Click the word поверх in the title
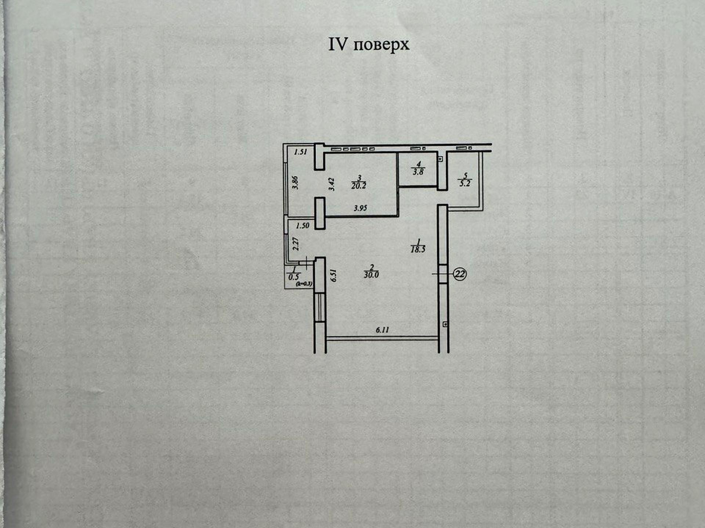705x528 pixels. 382,45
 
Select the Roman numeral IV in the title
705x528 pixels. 338,44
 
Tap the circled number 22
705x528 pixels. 460,274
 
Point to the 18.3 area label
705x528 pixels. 418,250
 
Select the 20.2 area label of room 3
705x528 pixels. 359,186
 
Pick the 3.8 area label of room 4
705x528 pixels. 418,172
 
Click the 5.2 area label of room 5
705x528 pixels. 465,183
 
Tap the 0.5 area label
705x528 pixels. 294,277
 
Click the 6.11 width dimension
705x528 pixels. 382,330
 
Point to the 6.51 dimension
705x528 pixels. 333,275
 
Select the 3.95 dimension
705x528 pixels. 360,208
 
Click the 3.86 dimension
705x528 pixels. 295,183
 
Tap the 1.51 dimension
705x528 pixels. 301,152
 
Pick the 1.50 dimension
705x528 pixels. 303,226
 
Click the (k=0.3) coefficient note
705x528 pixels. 304,283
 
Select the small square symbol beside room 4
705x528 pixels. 441,159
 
